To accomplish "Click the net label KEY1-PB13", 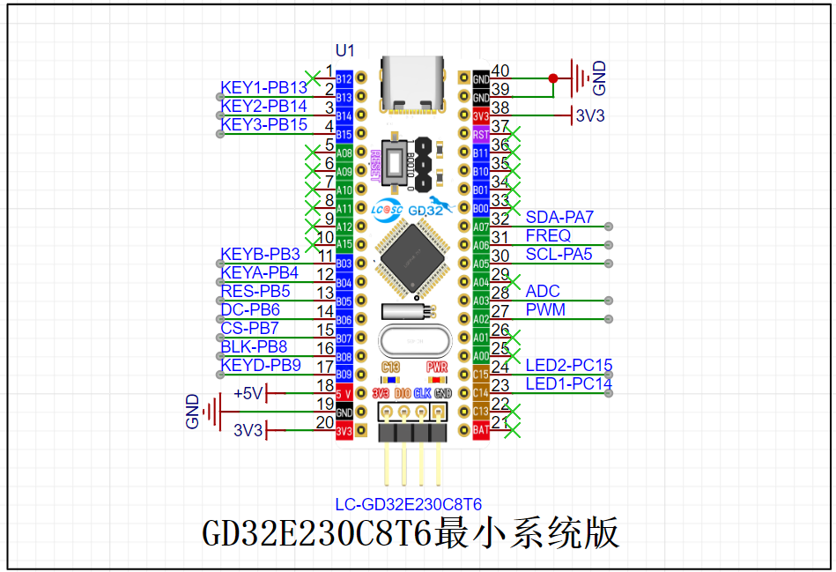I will pos(263,88).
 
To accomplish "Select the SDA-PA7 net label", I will pos(559,218).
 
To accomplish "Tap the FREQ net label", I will pos(548,236).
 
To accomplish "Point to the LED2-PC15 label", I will pos(568,366).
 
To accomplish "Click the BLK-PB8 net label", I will pos(254,347).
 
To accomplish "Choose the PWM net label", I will pos(545,310).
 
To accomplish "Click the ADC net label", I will pos(543,292).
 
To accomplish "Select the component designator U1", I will pos(345,52).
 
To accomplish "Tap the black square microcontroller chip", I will pos(412,256).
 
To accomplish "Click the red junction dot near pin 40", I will pos(552,78).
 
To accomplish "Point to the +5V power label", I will pos(248,393).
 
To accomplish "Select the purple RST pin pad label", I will pos(481,134).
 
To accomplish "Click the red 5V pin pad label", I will pos(344,394).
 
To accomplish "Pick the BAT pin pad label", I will pos(481,430).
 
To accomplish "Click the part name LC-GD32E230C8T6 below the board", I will pos(408,505).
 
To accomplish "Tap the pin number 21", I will pos(500,423).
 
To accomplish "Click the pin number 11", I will pos(324,256).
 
